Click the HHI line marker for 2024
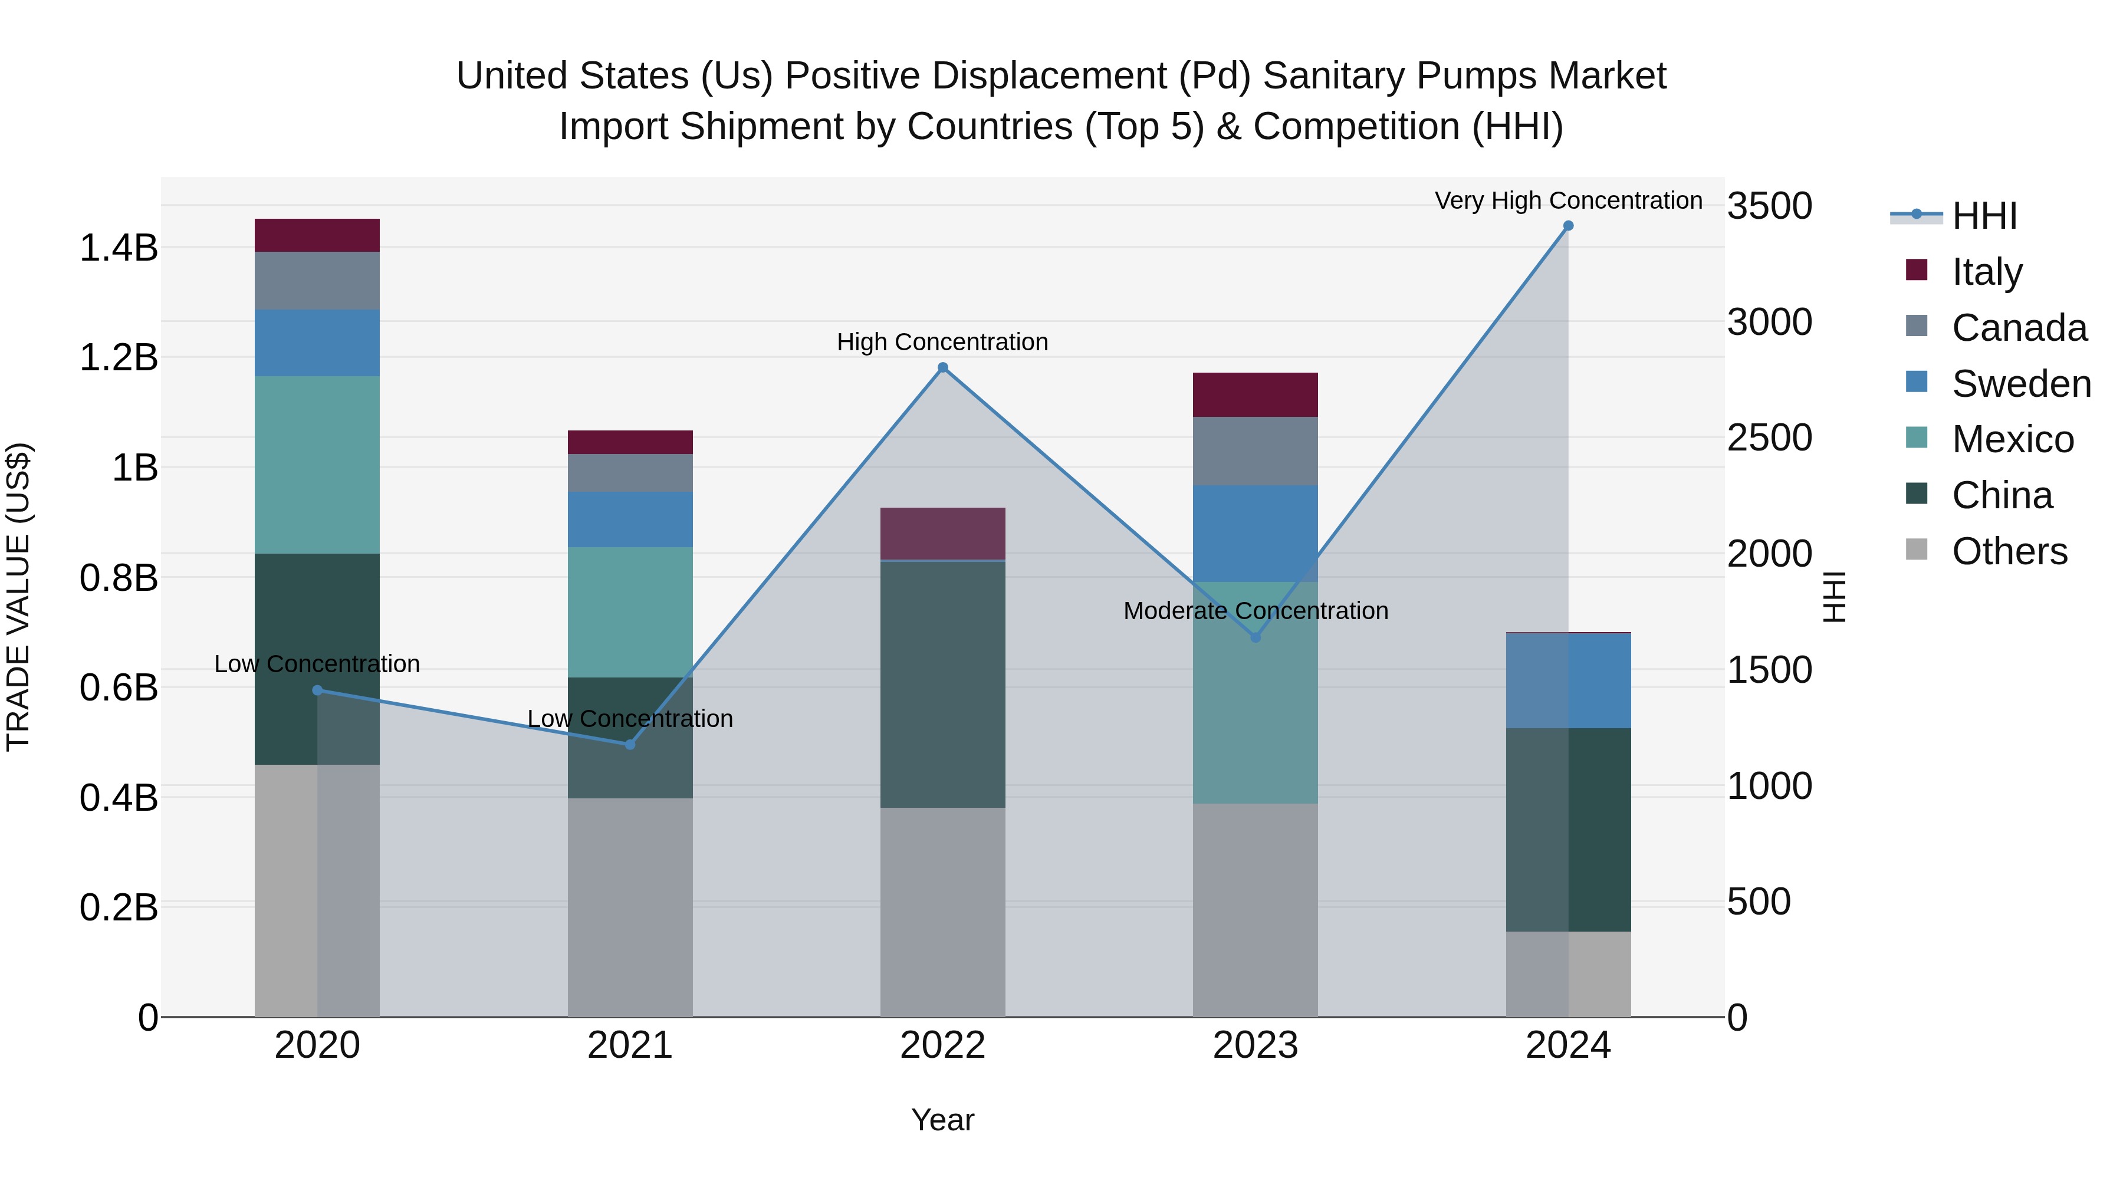tap(1567, 226)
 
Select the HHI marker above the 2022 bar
tap(943, 367)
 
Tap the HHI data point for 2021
tap(630, 744)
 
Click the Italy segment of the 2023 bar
tap(1254, 394)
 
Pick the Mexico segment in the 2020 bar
tap(317, 465)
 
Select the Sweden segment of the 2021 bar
tap(630, 519)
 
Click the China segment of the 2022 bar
tap(943, 684)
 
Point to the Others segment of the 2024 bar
tap(1567, 974)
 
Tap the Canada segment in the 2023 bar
tap(1254, 450)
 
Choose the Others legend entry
tap(2009, 551)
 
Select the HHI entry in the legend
tap(1984, 216)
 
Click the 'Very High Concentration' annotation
tap(1567, 200)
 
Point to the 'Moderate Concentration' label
tap(1255, 611)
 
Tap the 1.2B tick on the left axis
tap(119, 358)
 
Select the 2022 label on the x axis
tap(943, 1045)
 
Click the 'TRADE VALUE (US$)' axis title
tap(18, 597)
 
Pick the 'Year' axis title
tap(943, 1120)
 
